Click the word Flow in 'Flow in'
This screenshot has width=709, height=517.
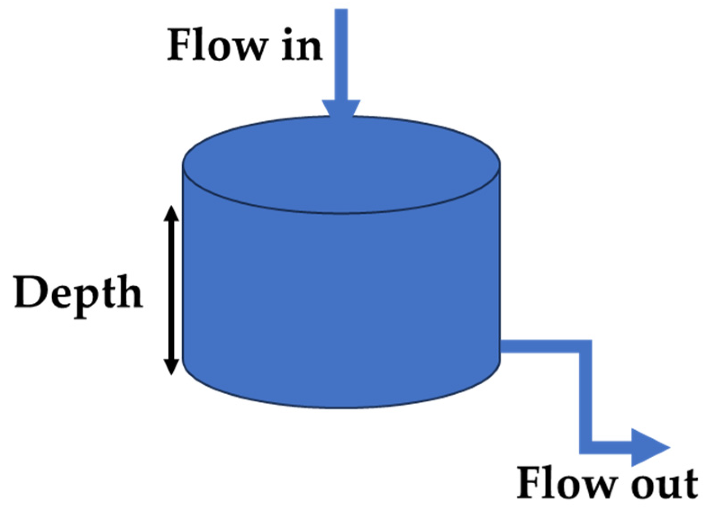(216, 45)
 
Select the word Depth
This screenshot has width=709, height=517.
(78, 294)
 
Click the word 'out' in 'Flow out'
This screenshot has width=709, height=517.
(664, 484)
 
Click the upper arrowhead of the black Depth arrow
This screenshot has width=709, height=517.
(171, 213)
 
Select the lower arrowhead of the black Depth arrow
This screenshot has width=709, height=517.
(171, 366)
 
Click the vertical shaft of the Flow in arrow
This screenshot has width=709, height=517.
(341, 54)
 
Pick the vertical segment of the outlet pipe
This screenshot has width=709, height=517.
(585, 396)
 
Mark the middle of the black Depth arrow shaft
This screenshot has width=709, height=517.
(171, 290)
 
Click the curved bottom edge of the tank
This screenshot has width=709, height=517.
(341, 407)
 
